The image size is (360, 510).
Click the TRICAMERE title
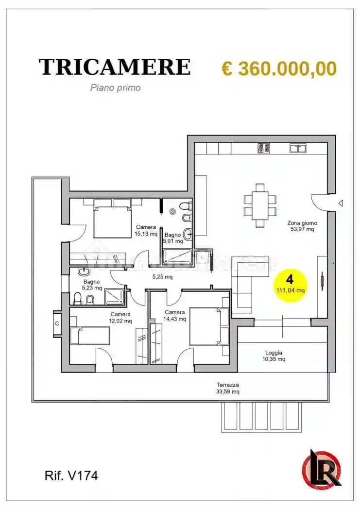pos(114,67)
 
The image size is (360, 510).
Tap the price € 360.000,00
pos(279,68)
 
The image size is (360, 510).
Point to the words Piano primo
pos(115,88)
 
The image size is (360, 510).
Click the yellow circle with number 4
pos(290,285)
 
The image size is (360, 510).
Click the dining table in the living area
pos(260,205)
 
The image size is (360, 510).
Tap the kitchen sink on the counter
pos(298,148)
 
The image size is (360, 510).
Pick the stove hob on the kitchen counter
pos(264,148)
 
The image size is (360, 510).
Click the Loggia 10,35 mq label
pos(274,356)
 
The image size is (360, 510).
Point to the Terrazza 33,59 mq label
pos(228,388)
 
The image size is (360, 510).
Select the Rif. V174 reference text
pos(71,476)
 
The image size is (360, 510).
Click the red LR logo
pos(321,468)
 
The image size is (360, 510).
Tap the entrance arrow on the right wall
pos(341,203)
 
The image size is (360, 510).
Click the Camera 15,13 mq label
pos(146,230)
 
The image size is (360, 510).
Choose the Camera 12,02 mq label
pos(120,317)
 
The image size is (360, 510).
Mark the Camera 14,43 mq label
pos(175,315)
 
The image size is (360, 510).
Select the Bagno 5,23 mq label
pos(91,284)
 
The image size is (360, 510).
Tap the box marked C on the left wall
pos(57,323)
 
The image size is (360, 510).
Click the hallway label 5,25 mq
pos(163,277)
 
